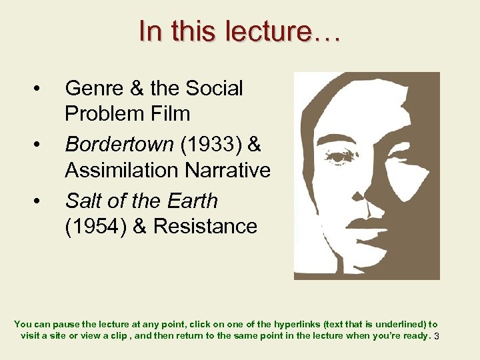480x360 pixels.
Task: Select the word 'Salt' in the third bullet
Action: tap(83, 201)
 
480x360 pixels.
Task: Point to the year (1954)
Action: tap(94, 226)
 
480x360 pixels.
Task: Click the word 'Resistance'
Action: tap(205, 226)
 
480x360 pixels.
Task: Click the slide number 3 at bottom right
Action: tap(436, 336)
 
